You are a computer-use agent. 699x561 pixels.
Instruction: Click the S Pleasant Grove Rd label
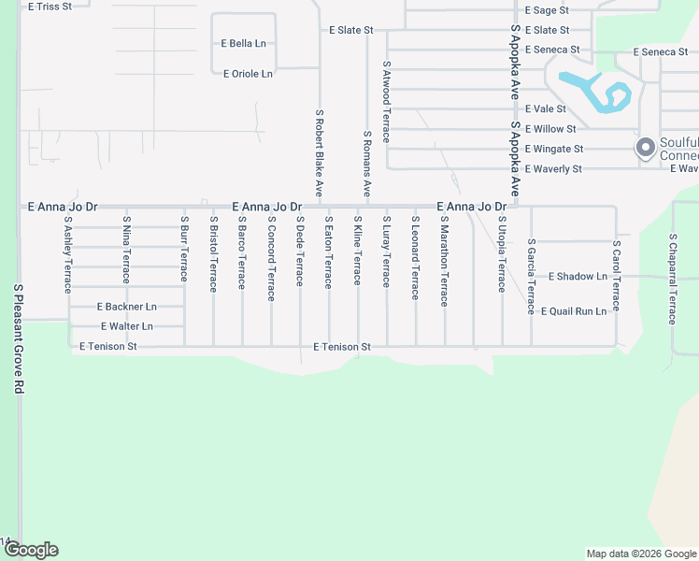[x=17, y=339]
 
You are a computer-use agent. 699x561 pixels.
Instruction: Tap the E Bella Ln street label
[x=243, y=44]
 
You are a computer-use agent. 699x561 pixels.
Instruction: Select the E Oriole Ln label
[x=248, y=74]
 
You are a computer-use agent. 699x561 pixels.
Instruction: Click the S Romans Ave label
[x=367, y=164]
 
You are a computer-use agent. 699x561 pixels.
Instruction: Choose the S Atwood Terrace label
[x=386, y=102]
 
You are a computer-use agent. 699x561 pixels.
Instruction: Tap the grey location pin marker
[x=645, y=147]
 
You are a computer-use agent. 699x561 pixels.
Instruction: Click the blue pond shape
[x=598, y=93]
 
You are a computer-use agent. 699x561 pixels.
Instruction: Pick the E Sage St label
[x=547, y=10]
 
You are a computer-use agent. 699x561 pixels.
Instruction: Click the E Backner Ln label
[x=127, y=307]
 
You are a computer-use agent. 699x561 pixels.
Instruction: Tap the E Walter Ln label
[x=127, y=326]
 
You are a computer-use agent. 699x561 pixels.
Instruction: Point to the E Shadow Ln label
[x=578, y=277]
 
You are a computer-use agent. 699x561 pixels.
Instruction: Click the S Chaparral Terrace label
[x=673, y=278]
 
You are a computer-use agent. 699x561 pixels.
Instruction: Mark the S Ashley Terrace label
[x=68, y=255]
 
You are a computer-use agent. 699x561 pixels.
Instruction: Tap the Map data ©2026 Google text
[x=640, y=554]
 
